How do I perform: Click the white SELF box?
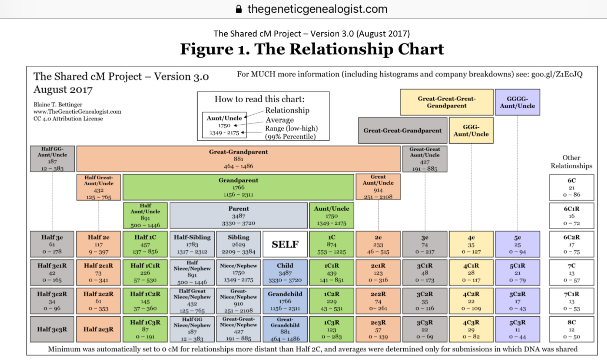point(285,244)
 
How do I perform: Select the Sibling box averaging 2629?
point(239,244)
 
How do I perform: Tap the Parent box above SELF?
point(239,215)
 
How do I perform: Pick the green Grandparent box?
point(238,187)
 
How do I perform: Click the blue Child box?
point(285,273)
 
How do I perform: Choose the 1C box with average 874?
point(332,244)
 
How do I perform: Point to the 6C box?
point(572,188)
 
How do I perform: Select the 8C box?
point(572,329)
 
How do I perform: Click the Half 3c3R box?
point(52,329)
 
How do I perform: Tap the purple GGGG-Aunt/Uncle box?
point(517,102)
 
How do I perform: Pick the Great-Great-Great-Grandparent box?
point(447,102)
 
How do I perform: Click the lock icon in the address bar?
point(239,9)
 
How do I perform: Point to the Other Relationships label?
point(571,162)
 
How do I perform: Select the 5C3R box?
point(517,329)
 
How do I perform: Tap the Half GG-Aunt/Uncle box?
point(52,159)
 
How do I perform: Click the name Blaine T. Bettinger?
point(58,105)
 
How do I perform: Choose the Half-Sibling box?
point(192,244)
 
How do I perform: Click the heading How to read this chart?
point(259,99)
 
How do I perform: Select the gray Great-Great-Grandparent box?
point(402,130)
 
